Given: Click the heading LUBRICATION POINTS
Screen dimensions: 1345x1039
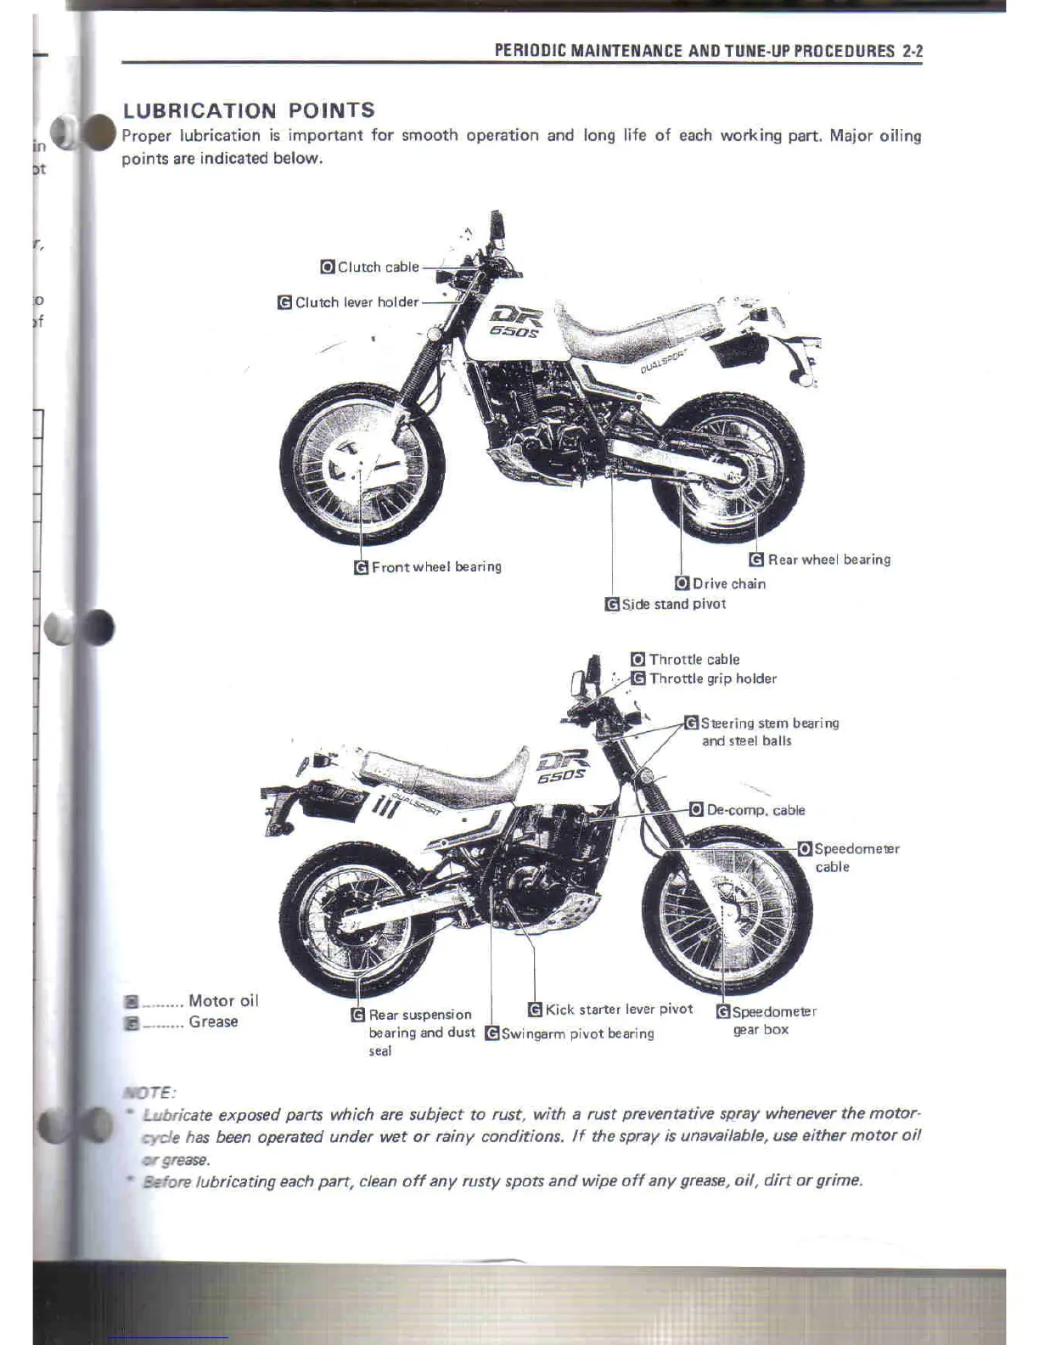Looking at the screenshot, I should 249,110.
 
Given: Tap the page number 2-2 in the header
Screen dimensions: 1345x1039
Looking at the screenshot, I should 913,51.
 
